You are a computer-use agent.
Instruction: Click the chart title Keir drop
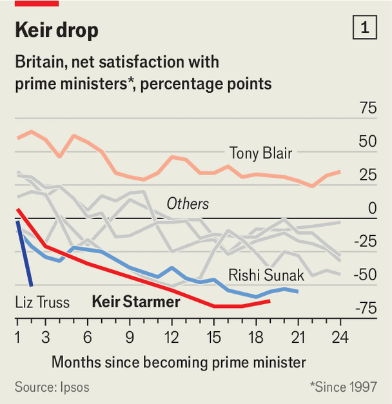click(x=57, y=30)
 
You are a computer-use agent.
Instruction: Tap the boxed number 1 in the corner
click(x=365, y=28)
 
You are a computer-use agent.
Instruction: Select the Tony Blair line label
click(x=260, y=153)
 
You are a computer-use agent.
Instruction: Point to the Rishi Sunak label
click(x=266, y=276)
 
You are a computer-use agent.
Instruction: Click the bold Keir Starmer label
click(x=136, y=301)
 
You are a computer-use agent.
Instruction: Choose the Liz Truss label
click(x=42, y=302)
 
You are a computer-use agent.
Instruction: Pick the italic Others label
click(x=188, y=204)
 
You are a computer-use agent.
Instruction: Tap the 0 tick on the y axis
click(x=371, y=208)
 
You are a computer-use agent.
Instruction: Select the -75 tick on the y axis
click(x=364, y=309)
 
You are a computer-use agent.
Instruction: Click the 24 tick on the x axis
click(x=340, y=337)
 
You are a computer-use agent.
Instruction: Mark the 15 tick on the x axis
click(x=214, y=337)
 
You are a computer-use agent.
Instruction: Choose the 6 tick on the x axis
click(x=88, y=337)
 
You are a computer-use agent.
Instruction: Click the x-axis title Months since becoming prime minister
click(x=179, y=361)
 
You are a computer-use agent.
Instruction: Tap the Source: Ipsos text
click(x=52, y=387)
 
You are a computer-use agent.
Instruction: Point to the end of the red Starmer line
click(x=269, y=300)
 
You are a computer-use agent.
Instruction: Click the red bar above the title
click(x=37, y=3)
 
